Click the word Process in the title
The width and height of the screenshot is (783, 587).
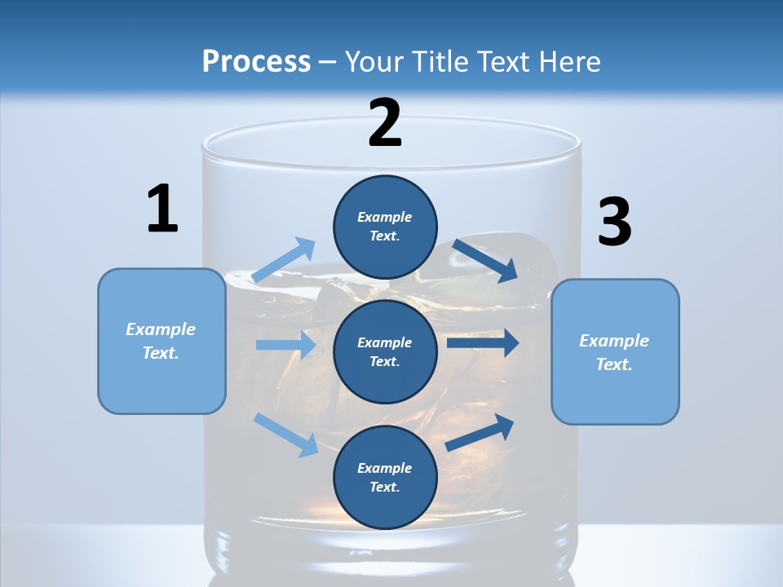[x=256, y=62]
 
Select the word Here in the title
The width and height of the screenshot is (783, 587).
[x=569, y=62]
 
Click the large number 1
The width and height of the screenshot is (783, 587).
[x=162, y=208]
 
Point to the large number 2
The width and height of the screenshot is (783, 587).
[x=384, y=122]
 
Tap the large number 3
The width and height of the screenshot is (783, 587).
[x=615, y=221]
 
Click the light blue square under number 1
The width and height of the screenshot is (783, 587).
[x=161, y=341]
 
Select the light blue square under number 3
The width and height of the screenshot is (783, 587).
[x=615, y=352]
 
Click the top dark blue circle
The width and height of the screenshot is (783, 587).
[x=385, y=227]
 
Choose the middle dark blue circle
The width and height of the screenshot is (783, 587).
[x=385, y=352]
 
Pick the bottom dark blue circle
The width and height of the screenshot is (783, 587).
[x=385, y=477]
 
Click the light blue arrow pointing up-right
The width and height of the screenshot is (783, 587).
[x=283, y=259]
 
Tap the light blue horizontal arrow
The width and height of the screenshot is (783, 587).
[x=285, y=344]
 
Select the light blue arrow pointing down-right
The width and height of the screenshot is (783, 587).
[x=285, y=435]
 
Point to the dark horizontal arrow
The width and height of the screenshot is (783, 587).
[x=483, y=342]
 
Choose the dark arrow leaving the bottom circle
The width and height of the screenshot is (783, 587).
[x=480, y=432]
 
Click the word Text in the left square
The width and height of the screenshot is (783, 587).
[x=161, y=353]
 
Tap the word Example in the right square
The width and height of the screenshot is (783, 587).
[x=614, y=341]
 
